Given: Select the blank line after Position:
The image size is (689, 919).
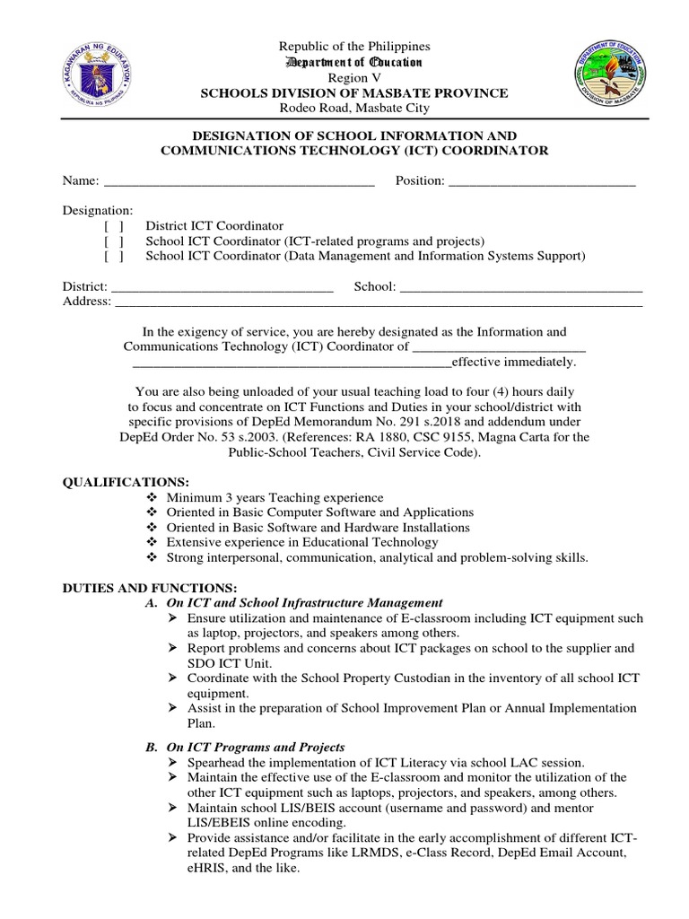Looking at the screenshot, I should pyautogui.click(x=541, y=182).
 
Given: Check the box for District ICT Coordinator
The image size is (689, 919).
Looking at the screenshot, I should pyautogui.click(x=114, y=226).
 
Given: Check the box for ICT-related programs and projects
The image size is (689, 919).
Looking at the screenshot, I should pyautogui.click(x=114, y=241).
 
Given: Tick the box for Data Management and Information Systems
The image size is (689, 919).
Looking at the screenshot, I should pyautogui.click(x=114, y=257).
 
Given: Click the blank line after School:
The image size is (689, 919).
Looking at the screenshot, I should pyautogui.click(x=520, y=287).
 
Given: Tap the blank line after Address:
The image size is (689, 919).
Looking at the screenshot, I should pyautogui.click(x=378, y=302).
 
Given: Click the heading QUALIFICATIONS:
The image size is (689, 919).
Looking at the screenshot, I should pyautogui.click(x=126, y=482).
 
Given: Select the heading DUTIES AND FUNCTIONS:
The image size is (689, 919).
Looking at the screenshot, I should pyautogui.click(x=135, y=587).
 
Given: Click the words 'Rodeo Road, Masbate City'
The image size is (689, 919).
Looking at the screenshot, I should pyautogui.click(x=353, y=108).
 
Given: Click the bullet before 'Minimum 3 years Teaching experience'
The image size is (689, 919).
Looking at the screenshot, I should pyautogui.click(x=150, y=497).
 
